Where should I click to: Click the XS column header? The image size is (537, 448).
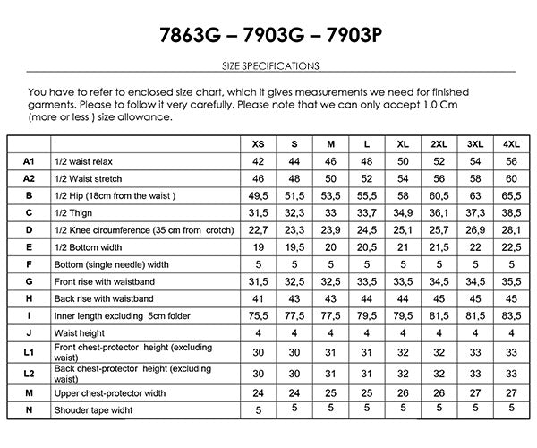pyautogui.click(x=259, y=143)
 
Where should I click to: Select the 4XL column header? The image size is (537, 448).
pyautogui.click(x=510, y=143)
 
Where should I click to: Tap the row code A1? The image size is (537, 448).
pyautogui.click(x=29, y=161)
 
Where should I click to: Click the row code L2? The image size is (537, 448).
pyautogui.click(x=29, y=372)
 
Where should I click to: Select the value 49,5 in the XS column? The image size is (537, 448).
pyautogui.click(x=259, y=195)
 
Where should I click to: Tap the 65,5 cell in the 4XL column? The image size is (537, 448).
pyautogui.click(x=510, y=195)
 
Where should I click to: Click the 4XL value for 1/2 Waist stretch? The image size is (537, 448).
pyautogui.click(x=510, y=178)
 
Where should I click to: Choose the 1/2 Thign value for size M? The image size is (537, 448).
pyautogui.click(x=330, y=212)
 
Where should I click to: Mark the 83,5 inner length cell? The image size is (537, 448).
pyautogui.click(x=510, y=315)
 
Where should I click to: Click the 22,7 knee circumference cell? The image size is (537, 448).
pyautogui.click(x=259, y=229)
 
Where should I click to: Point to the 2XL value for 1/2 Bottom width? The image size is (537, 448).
pyautogui.click(x=439, y=246)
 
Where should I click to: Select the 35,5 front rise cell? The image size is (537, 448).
pyautogui.click(x=510, y=281)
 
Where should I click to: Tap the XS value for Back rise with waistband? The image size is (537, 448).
pyautogui.click(x=259, y=298)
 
